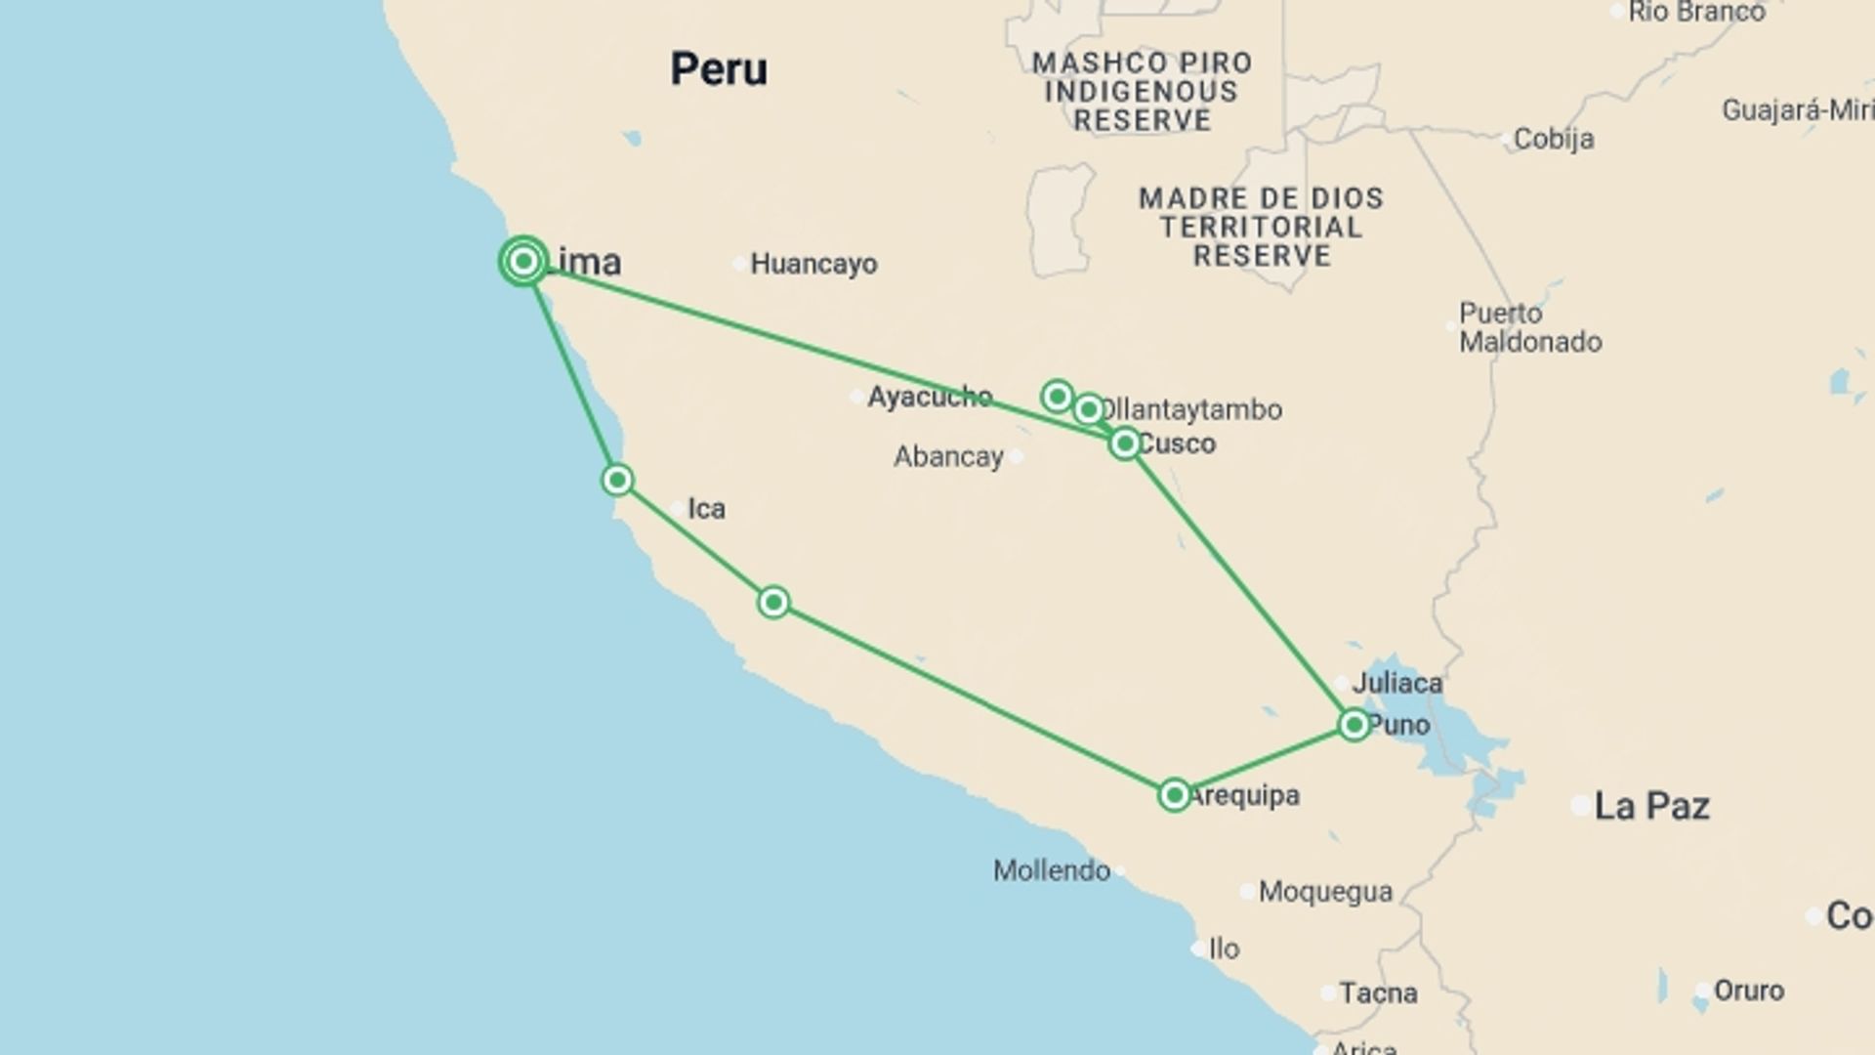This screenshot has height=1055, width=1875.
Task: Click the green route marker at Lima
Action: pos(523,261)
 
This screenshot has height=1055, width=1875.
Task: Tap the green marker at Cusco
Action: pos(1125,443)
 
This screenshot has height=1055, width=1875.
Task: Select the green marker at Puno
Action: pos(1354,724)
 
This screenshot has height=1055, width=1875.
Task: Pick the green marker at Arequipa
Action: pos(1174,794)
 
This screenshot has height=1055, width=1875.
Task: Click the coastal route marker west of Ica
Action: pos(617,480)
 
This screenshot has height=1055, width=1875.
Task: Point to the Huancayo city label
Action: pos(812,264)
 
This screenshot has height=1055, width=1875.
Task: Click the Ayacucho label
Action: pos(929,397)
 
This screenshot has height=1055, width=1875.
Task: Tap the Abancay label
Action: pos(948,456)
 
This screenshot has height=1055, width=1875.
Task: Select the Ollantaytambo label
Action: pos(1192,409)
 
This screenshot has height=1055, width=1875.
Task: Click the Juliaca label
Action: pos(1396,683)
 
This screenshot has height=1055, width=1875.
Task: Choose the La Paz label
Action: pos(1651,806)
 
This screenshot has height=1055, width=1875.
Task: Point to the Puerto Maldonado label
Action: pos(1529,327)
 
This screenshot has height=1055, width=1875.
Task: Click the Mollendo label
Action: pos(1052,870)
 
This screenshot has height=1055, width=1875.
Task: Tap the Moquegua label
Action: pos(1325,891)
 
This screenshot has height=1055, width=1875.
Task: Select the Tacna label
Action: pos(1378,993)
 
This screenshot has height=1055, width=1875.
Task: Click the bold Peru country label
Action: pos(719,69)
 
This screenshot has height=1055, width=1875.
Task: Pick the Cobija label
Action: pos(1553,139)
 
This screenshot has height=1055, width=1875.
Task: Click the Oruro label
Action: pos(1748,991)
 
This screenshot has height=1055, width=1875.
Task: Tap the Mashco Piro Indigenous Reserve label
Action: pos(1142,92)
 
